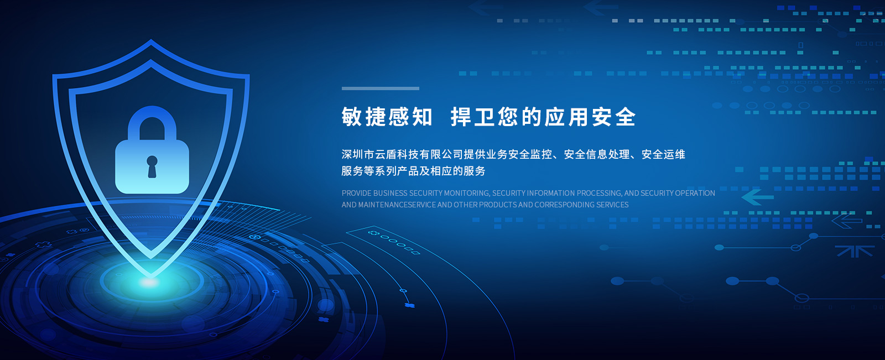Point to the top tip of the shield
(150, 39)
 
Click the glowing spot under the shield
(149, 282)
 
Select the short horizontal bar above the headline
(380, 88)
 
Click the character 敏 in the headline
(352, 117)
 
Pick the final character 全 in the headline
(626, 117)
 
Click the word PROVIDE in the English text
(356, 193)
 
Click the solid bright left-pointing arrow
(757, 197)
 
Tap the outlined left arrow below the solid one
(847, 221)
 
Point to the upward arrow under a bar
(854, 251)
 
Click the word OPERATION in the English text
(695, 193)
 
